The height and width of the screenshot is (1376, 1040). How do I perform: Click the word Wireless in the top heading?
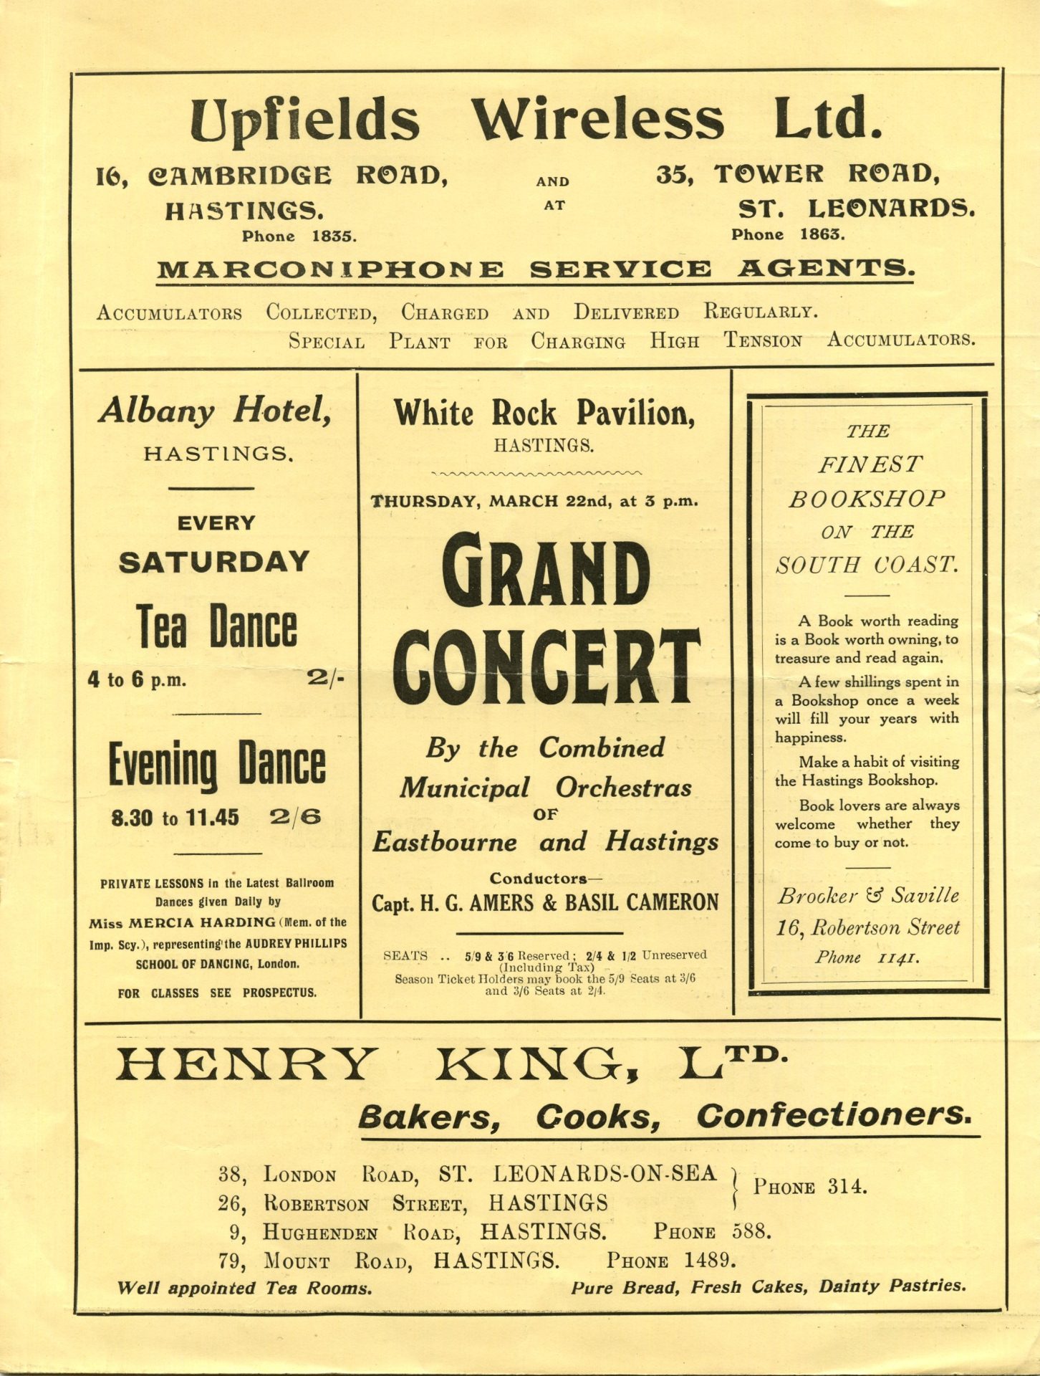tap(597, 119)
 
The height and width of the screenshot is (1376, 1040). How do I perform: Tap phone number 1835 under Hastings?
tap(333, 236)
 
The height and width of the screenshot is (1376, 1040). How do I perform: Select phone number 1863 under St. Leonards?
tap(822, 234)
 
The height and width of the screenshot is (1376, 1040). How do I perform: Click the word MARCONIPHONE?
tap(330, 270)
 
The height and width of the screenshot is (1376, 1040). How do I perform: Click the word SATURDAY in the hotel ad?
tap(214, 562)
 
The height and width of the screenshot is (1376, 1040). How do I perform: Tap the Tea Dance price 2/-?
tap(326, 678)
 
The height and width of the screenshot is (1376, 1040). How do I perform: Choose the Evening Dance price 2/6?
tap(296, 817)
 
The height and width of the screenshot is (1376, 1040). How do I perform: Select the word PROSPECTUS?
tap(279, 993)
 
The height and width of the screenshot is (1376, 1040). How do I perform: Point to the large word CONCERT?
tap(546, 669)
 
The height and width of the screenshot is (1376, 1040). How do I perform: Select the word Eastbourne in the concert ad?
tap(444, 841)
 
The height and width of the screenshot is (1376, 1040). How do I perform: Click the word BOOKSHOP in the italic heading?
tap(867, 499)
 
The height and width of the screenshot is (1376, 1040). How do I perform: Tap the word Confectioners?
tap(834, 1116)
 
